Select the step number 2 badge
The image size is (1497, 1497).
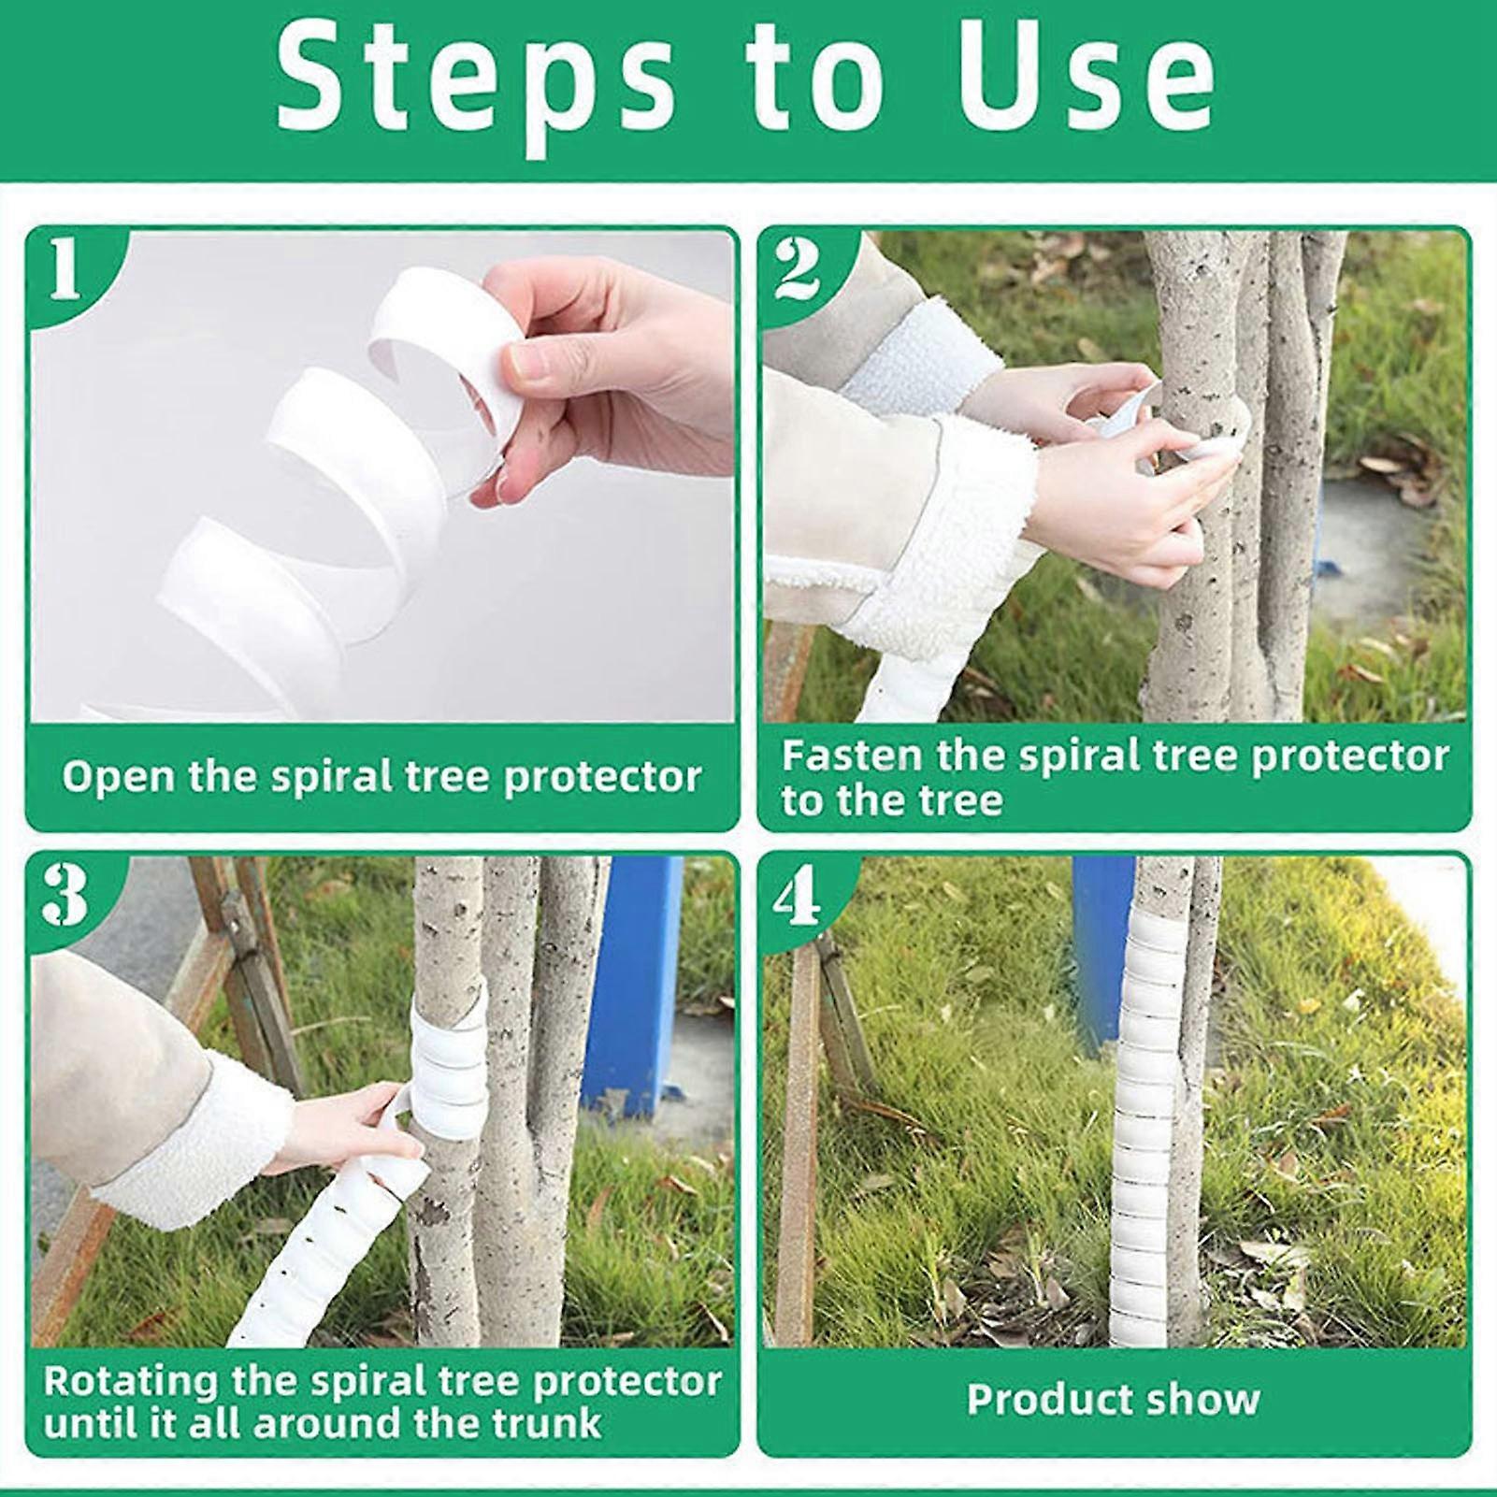coord(798,269)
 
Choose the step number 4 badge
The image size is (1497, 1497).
coord(798,895)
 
